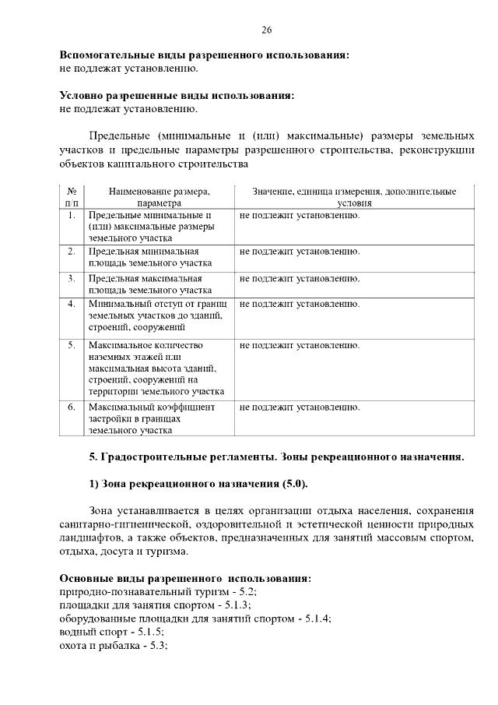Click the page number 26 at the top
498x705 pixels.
(266, 30)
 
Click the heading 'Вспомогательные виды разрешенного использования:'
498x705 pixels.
(204, 55)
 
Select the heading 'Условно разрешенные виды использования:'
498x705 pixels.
(177, 95)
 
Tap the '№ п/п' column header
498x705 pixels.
(72, 196)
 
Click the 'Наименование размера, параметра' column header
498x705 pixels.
(160, 196)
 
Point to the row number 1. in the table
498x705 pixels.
(71, 214)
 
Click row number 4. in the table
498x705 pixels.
(71, 303)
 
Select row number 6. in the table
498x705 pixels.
(71, 407)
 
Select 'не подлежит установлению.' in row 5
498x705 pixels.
(300, 344)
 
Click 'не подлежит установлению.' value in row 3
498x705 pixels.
(300, 277)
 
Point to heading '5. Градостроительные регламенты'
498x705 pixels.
(276, 456)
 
